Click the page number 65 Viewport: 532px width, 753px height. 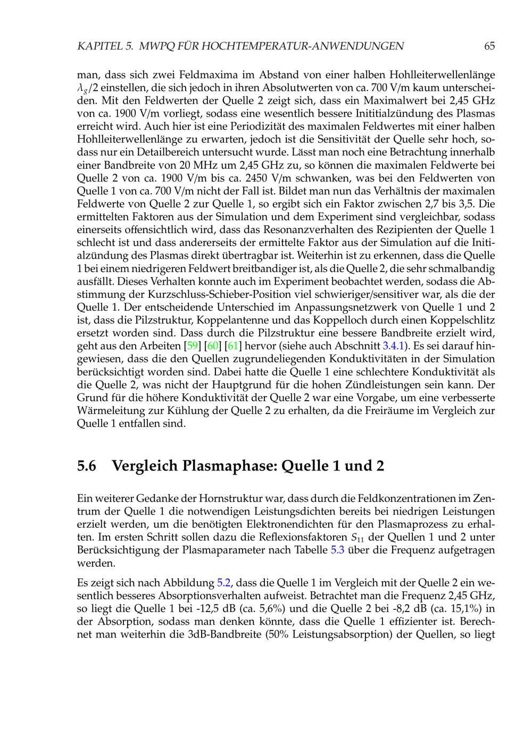point(489,46)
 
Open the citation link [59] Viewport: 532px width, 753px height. point(192,346)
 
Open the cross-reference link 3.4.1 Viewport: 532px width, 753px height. point(394,346)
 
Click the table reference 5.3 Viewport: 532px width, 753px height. point(338,550)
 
